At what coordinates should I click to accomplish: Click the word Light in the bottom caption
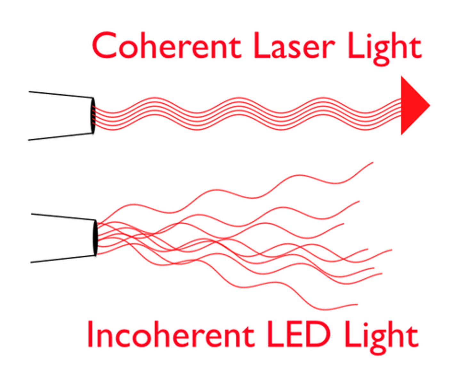(x=381, y=337)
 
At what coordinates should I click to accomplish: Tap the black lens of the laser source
(x=93, y=115)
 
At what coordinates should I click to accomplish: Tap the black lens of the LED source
(x=95, y=237)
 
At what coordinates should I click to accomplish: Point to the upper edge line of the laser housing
(x=61, y=94)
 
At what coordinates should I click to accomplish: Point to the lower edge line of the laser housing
(x=61, y=137)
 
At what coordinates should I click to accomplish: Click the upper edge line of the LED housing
(x=64, y=217)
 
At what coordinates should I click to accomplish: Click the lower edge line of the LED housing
(x=64, y=259)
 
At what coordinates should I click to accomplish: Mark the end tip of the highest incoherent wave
(x=373, y=163)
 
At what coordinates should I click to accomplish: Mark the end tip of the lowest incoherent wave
(x=357, y=305)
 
